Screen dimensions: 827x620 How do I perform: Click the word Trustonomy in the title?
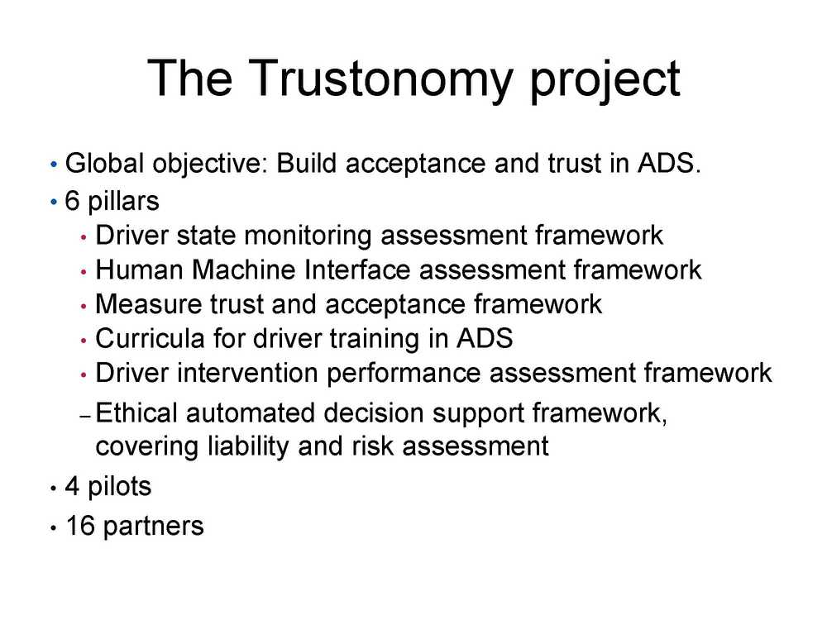[380, 79]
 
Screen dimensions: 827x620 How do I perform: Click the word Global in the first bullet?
[104, 163]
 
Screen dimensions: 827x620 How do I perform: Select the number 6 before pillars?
[72, 201]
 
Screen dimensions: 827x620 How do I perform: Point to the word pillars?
[123, 202]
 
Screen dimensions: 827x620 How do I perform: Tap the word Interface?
[357, 269]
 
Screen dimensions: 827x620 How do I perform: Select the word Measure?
[149, 304]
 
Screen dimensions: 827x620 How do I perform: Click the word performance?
[404, 374]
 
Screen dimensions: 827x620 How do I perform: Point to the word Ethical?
[136, 413]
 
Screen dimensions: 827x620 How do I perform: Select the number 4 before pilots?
[72, 486]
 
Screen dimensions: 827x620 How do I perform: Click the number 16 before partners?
[80, 526]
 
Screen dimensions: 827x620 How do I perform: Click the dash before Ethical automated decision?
[86, 417]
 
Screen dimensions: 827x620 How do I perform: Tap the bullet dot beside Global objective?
[53, 165]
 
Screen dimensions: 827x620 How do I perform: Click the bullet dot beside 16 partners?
[53, 527]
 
